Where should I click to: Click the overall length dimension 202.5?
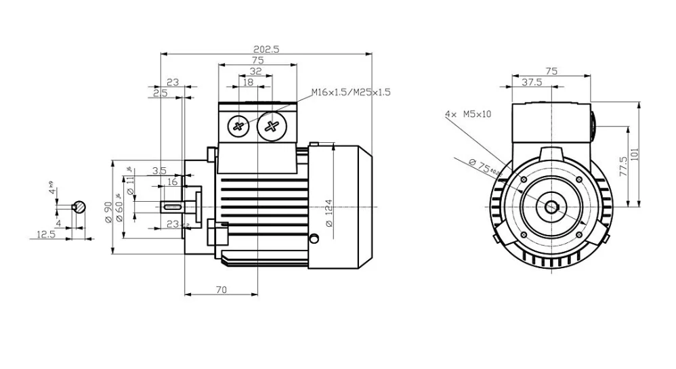pyautogui.click(x=266, y=48)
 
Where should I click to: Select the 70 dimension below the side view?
pyautogui.click(x=221, y=290)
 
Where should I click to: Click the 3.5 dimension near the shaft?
pyautogui.click(x=159, y=171)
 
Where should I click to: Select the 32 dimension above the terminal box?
pyautogui.click(x=256, y=70)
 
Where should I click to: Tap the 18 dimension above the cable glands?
pyautogui.click(x=247, y=82)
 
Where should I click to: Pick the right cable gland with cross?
pyautogui.click(x=272, y=125)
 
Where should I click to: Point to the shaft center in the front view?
pyautogui.click(x=550, y=207)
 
